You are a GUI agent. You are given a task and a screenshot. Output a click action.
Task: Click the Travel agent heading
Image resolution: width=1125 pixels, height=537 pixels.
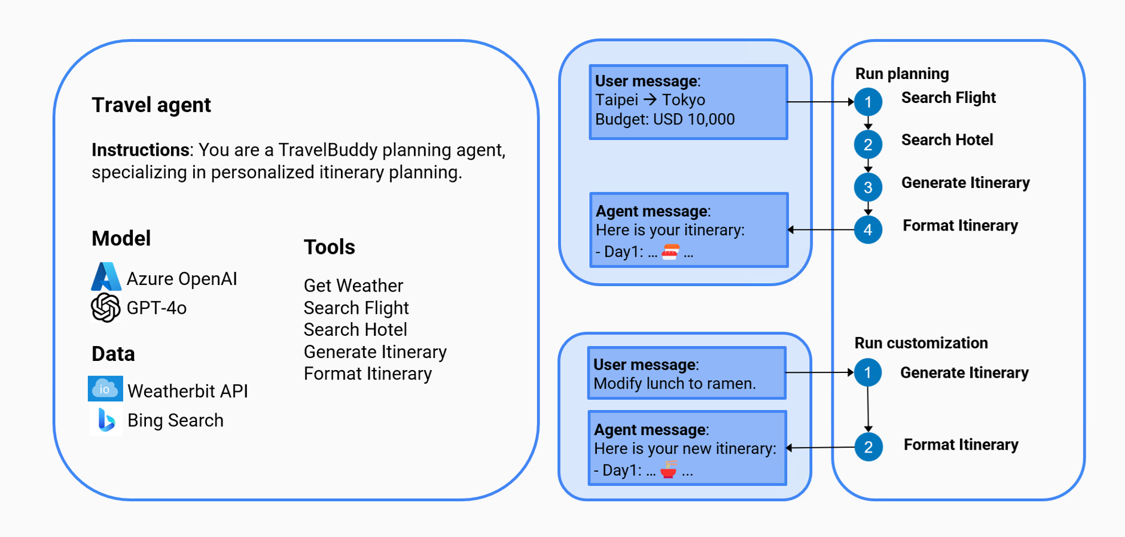151,105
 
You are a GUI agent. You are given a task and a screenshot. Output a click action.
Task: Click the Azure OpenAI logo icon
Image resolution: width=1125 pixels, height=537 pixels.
106,277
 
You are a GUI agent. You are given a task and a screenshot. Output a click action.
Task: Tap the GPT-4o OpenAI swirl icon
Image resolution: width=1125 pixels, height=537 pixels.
106,307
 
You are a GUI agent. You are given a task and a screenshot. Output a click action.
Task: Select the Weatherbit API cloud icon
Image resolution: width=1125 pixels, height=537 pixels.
105,389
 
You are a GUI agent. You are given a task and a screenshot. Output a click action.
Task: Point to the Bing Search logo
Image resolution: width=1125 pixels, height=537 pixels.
106,420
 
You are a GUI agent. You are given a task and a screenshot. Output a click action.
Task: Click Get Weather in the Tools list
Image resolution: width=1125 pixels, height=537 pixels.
353,286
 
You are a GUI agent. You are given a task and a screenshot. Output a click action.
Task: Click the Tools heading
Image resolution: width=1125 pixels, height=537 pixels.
329,247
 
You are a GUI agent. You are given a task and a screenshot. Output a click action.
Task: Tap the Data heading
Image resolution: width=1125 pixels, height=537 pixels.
113,354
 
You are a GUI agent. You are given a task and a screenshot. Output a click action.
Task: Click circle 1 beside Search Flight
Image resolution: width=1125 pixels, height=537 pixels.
868,102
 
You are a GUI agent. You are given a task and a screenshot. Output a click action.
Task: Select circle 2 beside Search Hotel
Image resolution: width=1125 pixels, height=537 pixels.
868,144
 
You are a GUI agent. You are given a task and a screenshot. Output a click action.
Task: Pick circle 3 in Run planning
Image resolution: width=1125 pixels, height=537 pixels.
868,187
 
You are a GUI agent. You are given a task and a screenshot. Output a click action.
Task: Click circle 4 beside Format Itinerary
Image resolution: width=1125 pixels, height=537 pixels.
868,230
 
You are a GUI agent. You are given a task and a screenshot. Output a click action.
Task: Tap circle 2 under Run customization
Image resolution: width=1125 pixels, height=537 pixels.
868,447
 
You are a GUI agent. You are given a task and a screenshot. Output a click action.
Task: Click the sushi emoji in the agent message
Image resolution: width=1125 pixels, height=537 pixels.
670,252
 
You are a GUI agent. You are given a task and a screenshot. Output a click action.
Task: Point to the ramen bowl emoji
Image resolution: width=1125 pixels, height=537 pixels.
669,470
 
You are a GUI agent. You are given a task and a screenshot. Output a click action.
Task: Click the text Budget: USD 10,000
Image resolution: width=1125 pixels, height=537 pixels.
664,119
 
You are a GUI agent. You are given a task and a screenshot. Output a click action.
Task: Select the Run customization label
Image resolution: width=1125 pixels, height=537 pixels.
920,343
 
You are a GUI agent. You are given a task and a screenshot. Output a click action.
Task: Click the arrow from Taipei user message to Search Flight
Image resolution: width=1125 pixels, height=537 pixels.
819,102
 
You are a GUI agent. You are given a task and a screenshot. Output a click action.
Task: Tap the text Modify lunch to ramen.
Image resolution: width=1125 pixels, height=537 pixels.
674,384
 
